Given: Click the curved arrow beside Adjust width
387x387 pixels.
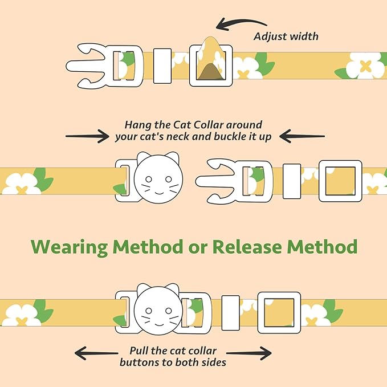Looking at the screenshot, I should coord(241,24).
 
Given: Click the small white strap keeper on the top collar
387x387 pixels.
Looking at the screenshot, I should coord(162,66).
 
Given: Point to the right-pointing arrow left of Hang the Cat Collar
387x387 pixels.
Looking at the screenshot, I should coord(87,136).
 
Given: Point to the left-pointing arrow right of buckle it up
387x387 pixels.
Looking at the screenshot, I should coord(302,136).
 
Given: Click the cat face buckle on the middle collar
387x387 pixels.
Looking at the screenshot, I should coord(158,178).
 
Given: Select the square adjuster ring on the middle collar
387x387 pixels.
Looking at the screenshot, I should coord(340,181).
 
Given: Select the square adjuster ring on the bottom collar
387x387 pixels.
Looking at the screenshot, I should coord(279,312).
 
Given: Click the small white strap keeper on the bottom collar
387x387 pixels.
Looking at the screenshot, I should coord(230,312).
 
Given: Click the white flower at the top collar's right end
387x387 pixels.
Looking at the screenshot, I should coord(365,66).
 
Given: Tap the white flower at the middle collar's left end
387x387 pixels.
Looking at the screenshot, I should coord(21,182).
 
